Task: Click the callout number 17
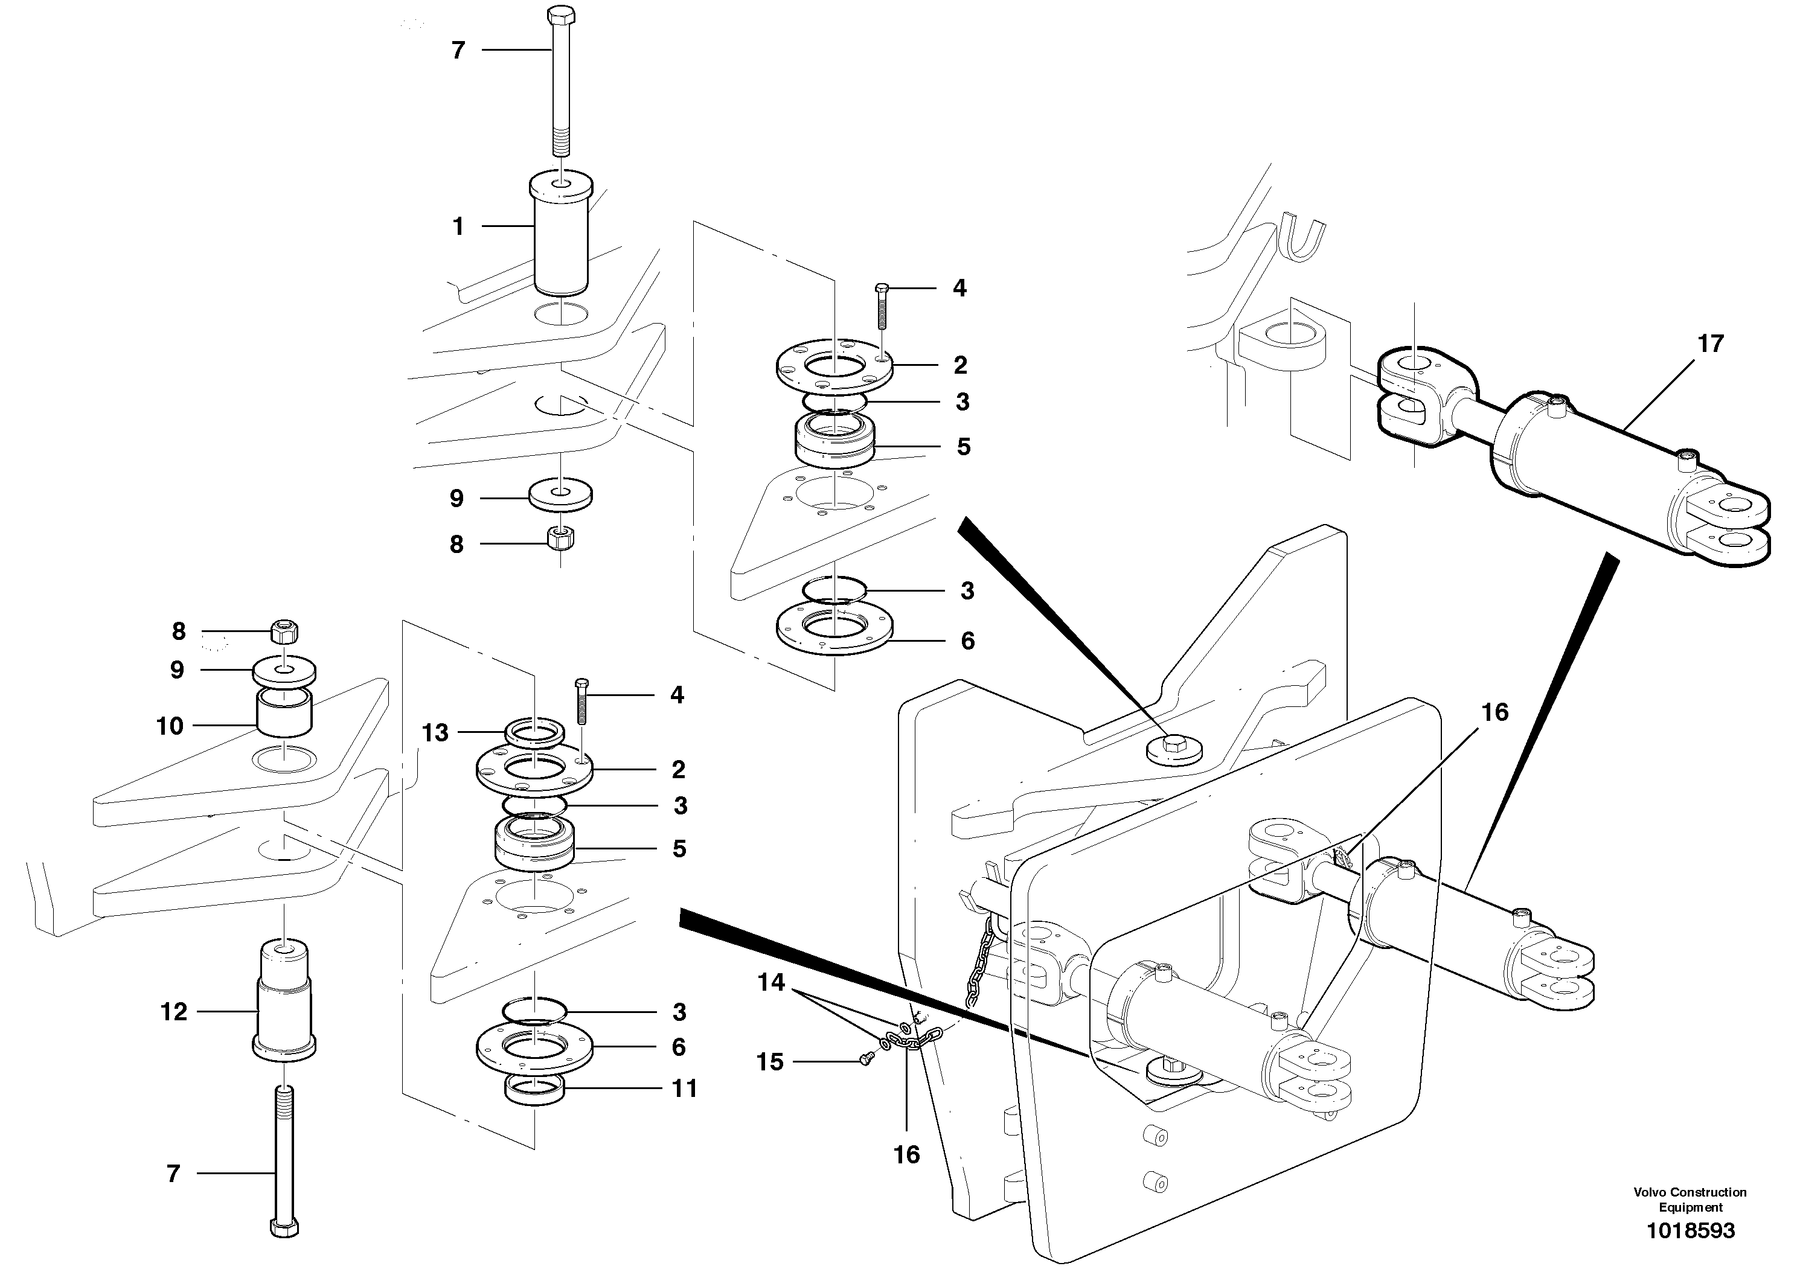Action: click(1710, 344)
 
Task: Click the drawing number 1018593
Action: click(1691, 1230)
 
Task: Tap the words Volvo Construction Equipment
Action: click(1690, 1200)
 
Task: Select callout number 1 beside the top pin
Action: click(459, 227)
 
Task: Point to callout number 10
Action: click(170, 726)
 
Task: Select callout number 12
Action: click(174, 1012)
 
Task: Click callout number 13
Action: click(435, 733)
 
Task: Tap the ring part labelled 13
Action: click(534, 734)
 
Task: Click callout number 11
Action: click(685, 1088)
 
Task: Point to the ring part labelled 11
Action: click(534, 1090)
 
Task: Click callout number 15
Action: click(770, 1062)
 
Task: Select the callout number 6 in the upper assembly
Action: click(968, 642)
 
